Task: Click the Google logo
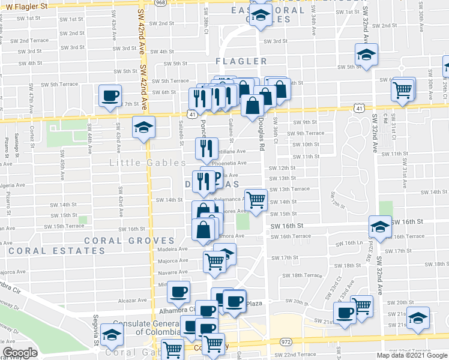[20, 353]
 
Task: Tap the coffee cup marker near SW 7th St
[110, 96]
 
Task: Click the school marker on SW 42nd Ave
[143, 127]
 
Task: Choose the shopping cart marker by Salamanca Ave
[256, 200]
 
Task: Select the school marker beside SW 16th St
[379, 227]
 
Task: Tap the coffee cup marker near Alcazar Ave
[178, 292]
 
